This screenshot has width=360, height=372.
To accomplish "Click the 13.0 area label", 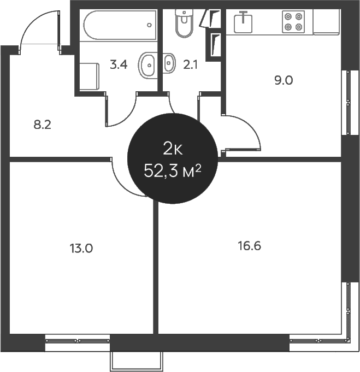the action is [81, 249].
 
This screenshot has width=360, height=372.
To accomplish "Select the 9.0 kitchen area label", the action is [284, 81].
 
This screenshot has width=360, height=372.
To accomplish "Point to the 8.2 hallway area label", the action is [43, 125].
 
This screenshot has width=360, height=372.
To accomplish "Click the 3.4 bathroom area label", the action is [119, 64].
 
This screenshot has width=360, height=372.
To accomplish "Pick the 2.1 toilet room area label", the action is [190, 64].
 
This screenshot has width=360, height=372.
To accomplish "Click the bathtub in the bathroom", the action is [120, 25].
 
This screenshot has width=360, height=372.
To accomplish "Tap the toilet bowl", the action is [184, 23].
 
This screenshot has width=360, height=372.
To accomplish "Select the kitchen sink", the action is [243, 22].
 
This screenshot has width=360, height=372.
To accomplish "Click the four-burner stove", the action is [293, 22].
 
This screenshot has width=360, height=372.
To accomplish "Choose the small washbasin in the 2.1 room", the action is [169, 63].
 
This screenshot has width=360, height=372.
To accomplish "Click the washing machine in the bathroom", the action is [89, 76].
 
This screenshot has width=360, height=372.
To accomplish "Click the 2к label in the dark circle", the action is [173, 150].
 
